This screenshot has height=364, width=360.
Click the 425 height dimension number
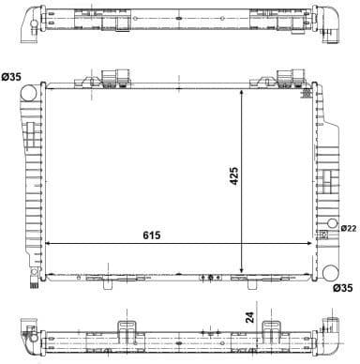[x=233, y=175]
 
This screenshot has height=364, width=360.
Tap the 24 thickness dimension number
[x=249, y=317]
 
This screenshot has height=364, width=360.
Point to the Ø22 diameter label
[x=348, y=228]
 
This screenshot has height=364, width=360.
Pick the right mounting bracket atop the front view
[x=292, y=78]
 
